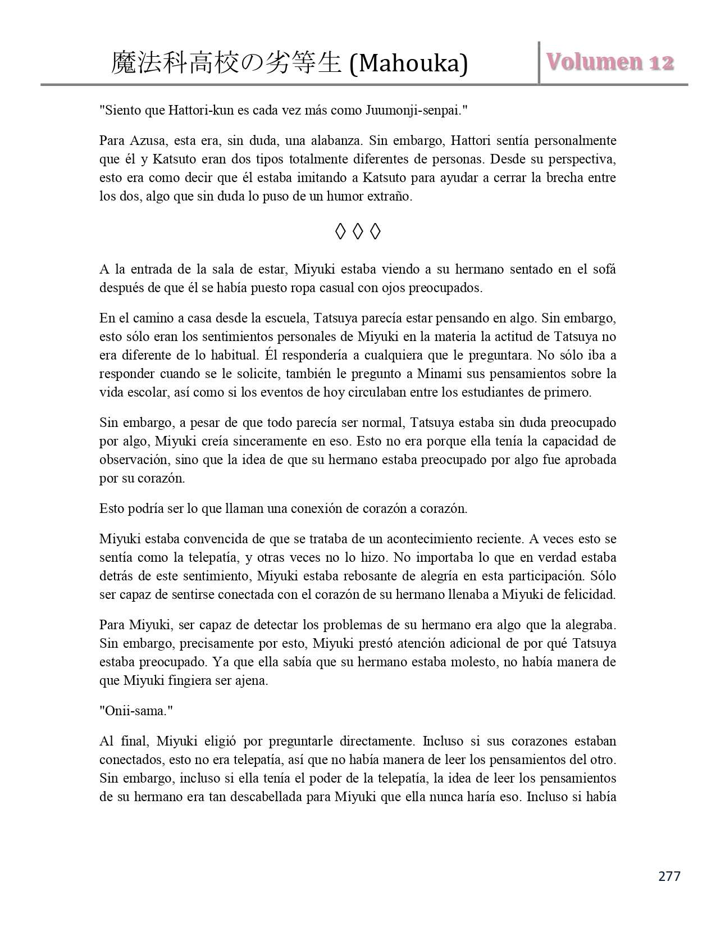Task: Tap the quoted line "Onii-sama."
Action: (x=136, y=711)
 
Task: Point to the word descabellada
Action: (x=266, y=797)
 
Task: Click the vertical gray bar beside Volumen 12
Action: (x=539, y=62)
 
